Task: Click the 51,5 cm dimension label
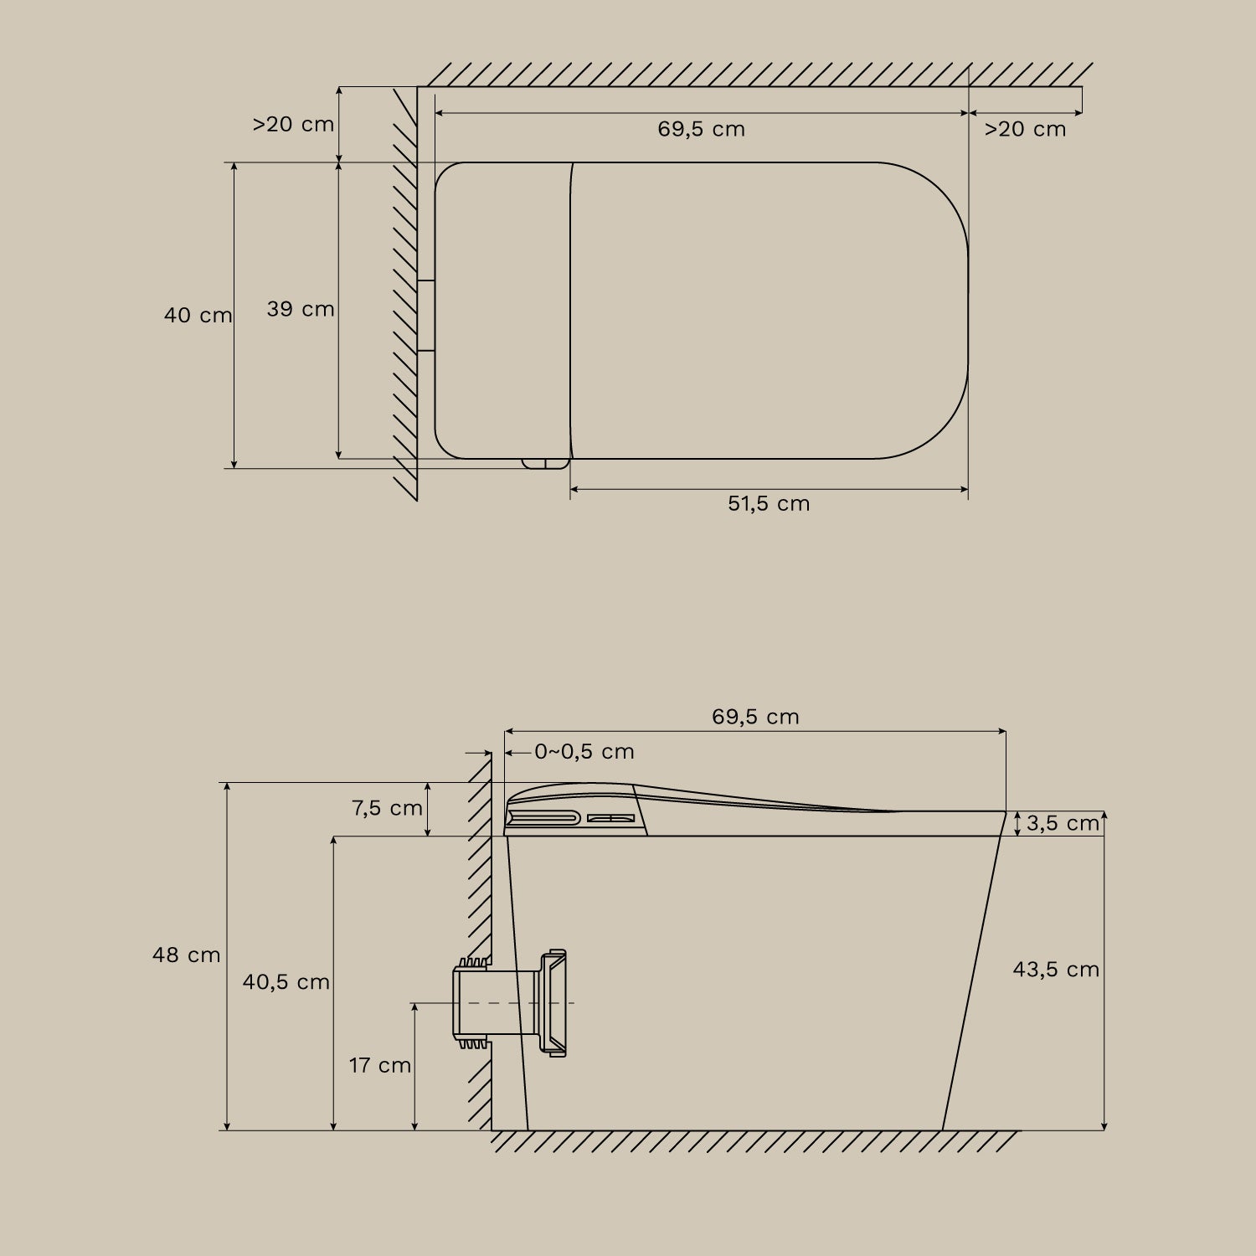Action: (769, 503)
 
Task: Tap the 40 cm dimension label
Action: (198, 316)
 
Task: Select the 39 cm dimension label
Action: (301, 309)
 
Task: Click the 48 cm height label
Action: (187, 955)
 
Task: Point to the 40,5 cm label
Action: (286, 982)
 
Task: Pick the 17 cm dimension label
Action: (380, 1065)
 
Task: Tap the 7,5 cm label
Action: (387, 808)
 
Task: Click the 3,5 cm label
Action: (1063, 823)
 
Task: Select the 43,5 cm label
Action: (1056, 970)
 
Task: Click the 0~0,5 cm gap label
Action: (584, 752)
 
